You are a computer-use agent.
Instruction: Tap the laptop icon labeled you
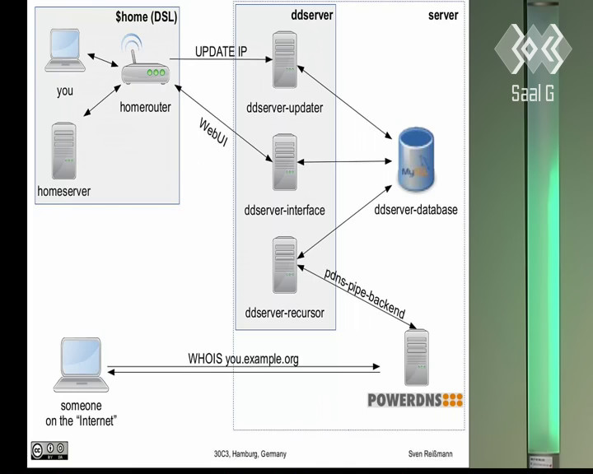coord(65,51)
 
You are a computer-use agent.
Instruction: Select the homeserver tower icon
coord(64,151)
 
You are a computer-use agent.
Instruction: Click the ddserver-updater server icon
coord(285,60)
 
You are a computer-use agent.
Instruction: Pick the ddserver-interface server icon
coord(285,162)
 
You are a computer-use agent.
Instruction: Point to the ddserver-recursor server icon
coord(285,265)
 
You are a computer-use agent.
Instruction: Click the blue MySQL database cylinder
coord(417,159)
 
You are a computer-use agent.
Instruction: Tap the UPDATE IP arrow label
coord(222,51)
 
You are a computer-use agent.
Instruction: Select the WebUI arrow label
coord(213,132)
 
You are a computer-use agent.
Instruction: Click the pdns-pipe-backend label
coord(365,293)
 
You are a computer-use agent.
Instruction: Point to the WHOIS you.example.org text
coord(243,358)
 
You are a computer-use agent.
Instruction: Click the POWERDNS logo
coord(415,400)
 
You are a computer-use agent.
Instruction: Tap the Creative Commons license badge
coord(49,451)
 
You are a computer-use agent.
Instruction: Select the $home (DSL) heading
coord(147,17)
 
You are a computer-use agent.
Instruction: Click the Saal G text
coord(533,93)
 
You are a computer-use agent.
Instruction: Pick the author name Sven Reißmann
coord(431,453)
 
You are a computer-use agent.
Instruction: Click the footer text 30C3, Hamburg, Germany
coord(250,453)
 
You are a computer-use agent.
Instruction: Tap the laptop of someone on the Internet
coord(81,365)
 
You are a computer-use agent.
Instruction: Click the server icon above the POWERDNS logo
coord(417,358)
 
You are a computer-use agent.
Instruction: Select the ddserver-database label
coord(416,209)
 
